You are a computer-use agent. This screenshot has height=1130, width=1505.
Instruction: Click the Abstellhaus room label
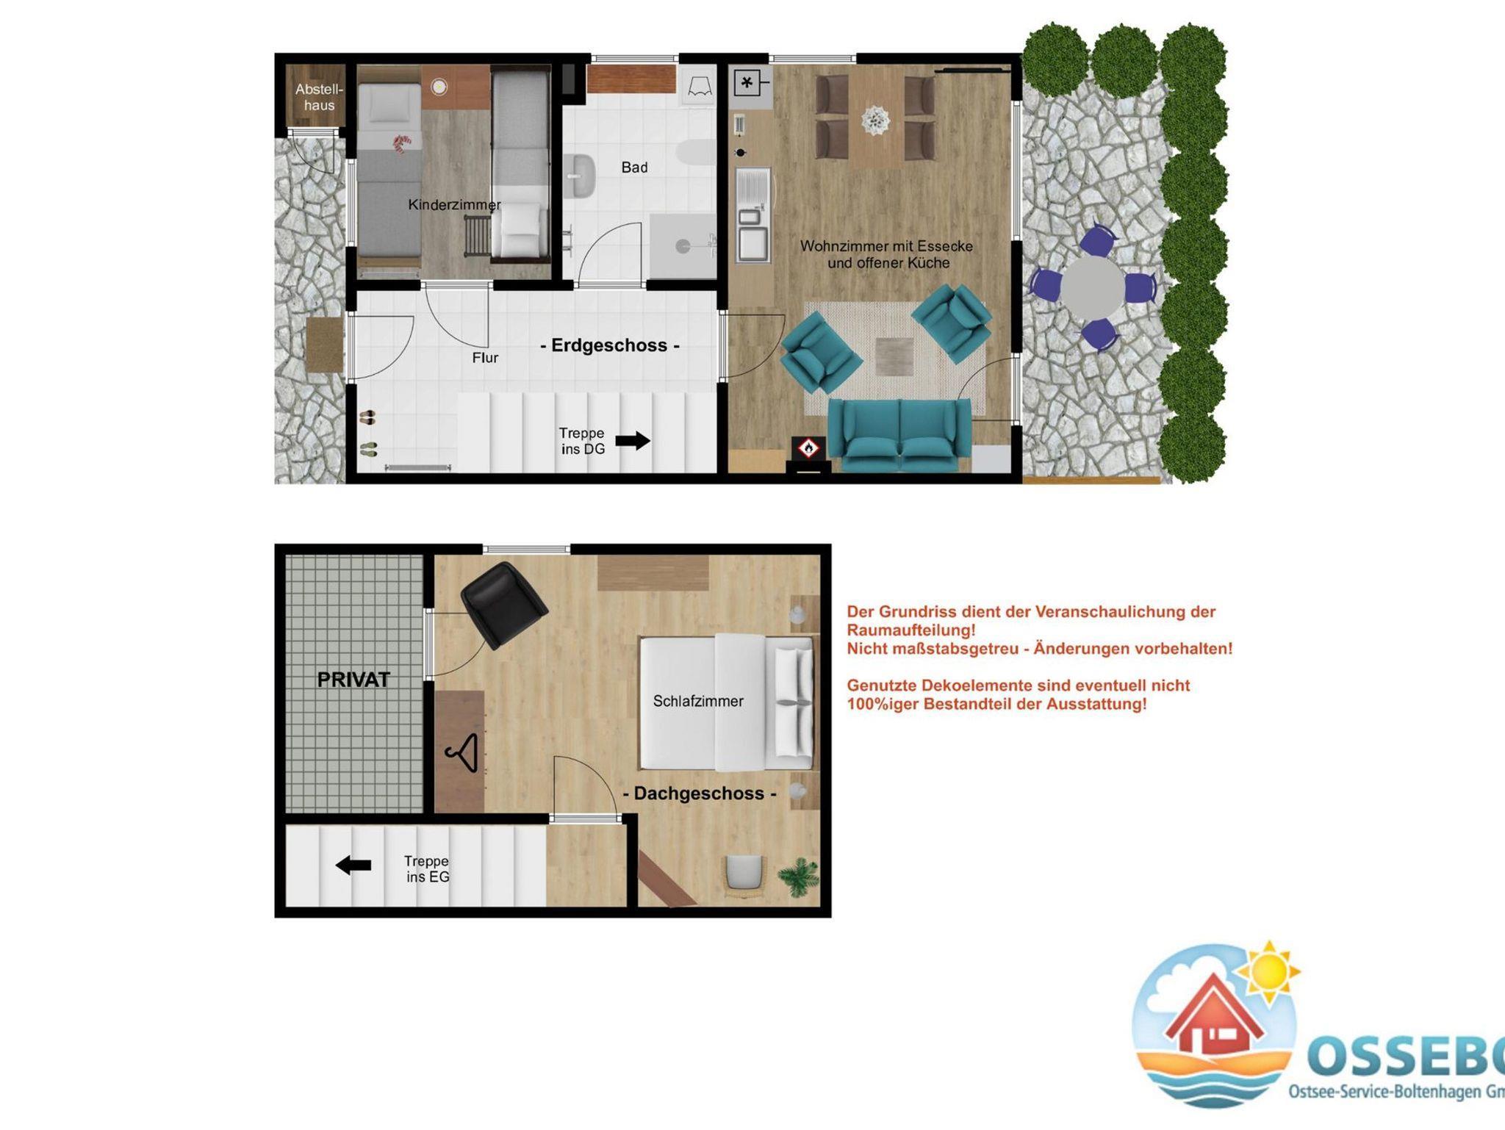point(319,97)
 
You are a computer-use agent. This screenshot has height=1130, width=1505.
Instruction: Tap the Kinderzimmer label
point(454,205)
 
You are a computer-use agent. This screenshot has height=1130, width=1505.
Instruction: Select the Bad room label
point(634,168)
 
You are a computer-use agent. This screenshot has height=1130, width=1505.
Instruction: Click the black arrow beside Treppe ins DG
point(633,441)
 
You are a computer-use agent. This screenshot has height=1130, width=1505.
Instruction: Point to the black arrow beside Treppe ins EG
point(353,865)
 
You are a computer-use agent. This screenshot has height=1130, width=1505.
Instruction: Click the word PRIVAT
point(353,680)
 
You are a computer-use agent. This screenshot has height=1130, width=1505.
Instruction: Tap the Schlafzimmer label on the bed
point(698,702)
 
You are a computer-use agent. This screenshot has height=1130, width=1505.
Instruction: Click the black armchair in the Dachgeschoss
point(504,602)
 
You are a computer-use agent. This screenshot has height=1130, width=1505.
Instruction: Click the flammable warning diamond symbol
point(809,447)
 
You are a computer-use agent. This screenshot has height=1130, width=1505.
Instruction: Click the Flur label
point(485,358)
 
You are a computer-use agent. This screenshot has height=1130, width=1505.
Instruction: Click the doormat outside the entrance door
point(325,345)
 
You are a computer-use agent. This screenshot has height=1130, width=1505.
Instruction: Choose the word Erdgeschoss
point(609,345)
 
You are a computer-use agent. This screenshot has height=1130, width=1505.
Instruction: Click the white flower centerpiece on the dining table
point(875,120)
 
